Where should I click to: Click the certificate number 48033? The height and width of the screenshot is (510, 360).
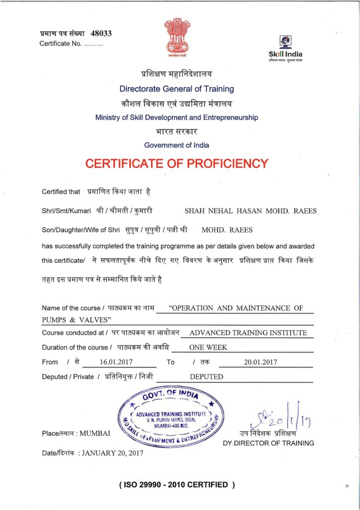(101, 33)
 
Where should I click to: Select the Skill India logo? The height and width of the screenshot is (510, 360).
(285, 49)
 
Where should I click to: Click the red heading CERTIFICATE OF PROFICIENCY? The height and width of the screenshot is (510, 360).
(177, 163)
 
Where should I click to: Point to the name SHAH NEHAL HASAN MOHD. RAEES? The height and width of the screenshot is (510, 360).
(250, 211)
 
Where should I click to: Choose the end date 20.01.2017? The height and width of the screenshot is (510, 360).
(260, 362)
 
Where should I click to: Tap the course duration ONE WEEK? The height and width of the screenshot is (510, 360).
(208, 348)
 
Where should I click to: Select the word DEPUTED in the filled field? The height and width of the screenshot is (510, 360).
(207, 377)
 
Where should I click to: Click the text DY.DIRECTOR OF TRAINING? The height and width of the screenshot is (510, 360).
(268, 443)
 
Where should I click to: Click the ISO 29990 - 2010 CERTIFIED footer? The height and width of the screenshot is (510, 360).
(177, 485)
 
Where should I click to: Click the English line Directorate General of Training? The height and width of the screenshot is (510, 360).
(176, 89)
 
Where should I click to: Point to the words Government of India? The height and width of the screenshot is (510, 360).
(176, 145)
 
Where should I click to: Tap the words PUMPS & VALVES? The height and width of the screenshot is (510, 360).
(76, 319)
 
